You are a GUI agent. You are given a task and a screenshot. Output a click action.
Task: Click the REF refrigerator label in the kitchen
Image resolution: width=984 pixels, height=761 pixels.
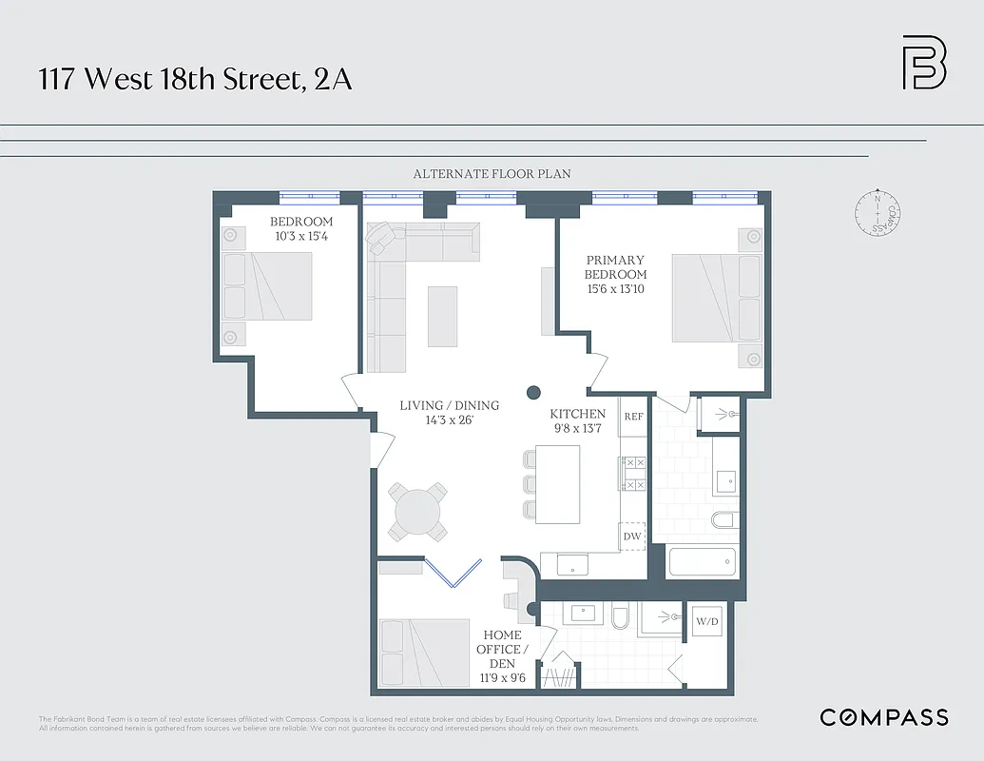tap(633, 417)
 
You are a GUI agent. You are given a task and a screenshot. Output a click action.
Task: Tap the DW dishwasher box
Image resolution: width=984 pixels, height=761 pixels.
tap(632, 537)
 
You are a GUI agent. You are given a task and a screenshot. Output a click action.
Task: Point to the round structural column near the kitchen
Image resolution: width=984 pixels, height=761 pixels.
tap(534, 391)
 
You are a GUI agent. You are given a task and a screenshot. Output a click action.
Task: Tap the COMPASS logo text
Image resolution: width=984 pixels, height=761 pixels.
tap(883, 717)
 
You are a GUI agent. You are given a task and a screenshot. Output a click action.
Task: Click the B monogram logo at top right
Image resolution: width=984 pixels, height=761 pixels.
tap(923, 63)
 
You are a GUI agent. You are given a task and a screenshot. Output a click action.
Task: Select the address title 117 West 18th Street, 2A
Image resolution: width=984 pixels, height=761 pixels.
tap(195, 79)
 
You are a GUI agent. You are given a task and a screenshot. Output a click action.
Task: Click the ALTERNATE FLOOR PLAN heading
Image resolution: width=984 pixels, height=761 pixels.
tap(492, 174)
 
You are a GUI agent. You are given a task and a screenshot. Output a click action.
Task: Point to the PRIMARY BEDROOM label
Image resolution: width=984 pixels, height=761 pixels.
tap(615, 267)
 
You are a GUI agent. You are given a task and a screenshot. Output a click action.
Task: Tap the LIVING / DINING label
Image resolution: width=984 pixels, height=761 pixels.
tap(449, 405)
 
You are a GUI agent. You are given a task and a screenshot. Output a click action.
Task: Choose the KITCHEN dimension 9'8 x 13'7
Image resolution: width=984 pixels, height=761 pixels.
tap(578, 428)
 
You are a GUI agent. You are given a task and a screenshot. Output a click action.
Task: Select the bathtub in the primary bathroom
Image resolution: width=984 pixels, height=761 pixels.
tap(703, 561)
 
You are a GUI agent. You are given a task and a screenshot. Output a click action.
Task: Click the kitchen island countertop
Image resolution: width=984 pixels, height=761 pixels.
tap(557, 485)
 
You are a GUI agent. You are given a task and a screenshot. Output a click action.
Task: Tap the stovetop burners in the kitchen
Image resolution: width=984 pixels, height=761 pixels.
tap(633, 473)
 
